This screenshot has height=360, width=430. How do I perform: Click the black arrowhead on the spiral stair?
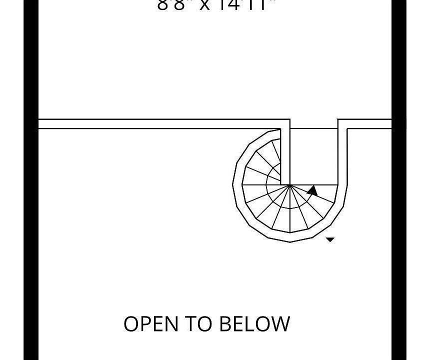312,190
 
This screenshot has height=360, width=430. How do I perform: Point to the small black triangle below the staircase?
330,240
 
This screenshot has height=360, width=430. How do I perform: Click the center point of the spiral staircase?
289,185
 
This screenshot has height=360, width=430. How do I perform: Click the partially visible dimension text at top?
216,5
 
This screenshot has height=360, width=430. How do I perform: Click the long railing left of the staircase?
160,124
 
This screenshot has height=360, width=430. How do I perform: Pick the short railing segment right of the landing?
368,124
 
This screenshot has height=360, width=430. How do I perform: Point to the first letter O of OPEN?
131,324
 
